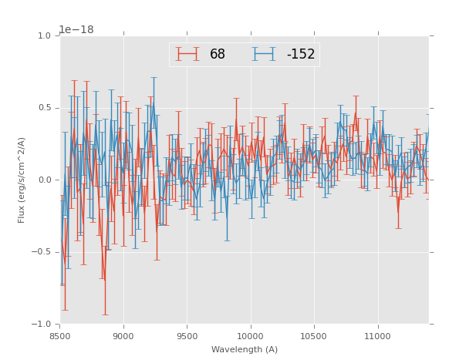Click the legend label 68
pos(218,55)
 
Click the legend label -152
pos(301,55)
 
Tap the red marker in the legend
pos(187,54)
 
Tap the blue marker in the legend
pos(265,54)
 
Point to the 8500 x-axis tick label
pos(60,337)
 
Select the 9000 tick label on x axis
pos(123,337)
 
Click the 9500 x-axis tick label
pos(187,337)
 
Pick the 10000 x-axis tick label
pos(250,337)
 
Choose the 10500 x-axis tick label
pos(314,337)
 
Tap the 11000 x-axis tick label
pos(377,337)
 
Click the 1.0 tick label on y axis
pos(44,36)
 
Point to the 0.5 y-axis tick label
pos(44,108)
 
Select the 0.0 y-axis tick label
pos(44,180)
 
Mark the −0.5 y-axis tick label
pos(42,252)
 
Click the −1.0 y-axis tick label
pos(42,325)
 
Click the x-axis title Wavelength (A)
pos(245,350)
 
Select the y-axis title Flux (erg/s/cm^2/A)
pos(22,180)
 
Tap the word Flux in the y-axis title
pos(22,214)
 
